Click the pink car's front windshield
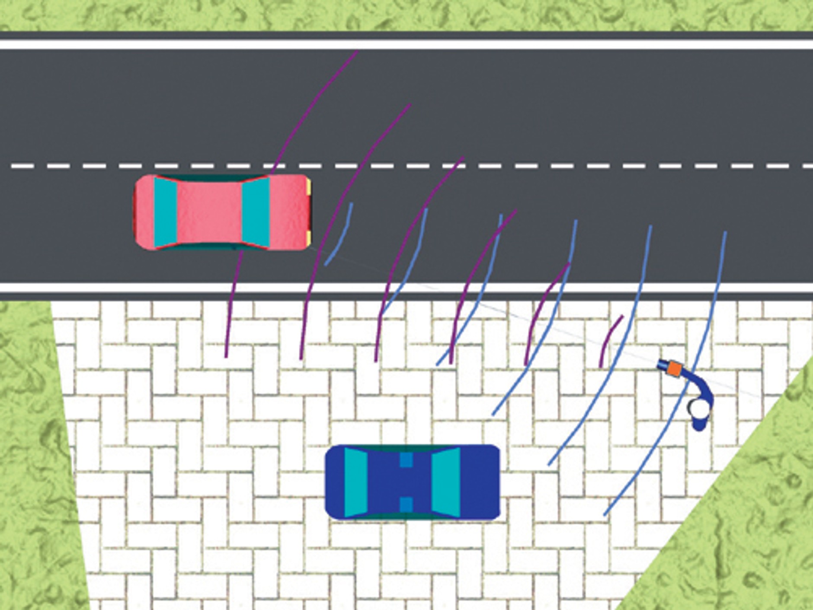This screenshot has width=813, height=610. click(256, 212)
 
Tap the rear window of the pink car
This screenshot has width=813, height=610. click(165, 212)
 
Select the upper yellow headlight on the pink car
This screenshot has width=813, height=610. click(309, 188)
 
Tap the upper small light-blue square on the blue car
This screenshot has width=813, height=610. click(406, 460)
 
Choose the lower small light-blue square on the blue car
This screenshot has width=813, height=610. click(406, 504)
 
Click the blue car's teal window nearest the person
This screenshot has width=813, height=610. click(445, 482)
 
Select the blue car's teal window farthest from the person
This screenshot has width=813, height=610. click(356, 482)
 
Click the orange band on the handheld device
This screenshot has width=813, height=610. click(674, 369)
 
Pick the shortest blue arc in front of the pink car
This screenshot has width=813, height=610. click(342, 236)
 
